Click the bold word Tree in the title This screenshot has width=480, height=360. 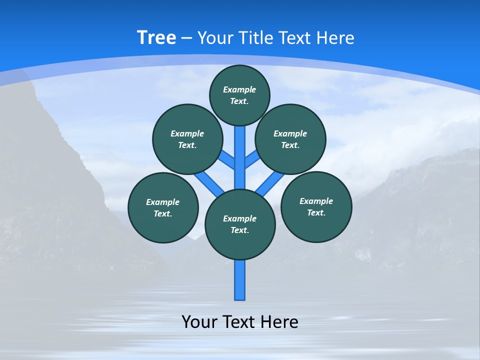tap(156, 38)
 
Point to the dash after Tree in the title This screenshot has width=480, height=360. tap(187, 38)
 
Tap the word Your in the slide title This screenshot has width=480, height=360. tap(215, 38)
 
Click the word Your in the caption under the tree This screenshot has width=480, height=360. tap(199, 322)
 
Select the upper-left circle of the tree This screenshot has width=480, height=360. tap(187, 139)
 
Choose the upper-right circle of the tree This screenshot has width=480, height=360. tap(290, 139)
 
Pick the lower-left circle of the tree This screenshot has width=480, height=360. tap(163, 207)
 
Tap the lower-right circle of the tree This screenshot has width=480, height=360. tap(316, 206)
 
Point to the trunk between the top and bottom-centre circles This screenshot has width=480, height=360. tap(240, 160)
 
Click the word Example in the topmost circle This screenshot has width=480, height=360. tap(239, 89)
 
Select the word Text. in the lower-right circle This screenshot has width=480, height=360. tap(316, 212)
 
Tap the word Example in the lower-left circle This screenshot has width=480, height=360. tap(162, 202)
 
